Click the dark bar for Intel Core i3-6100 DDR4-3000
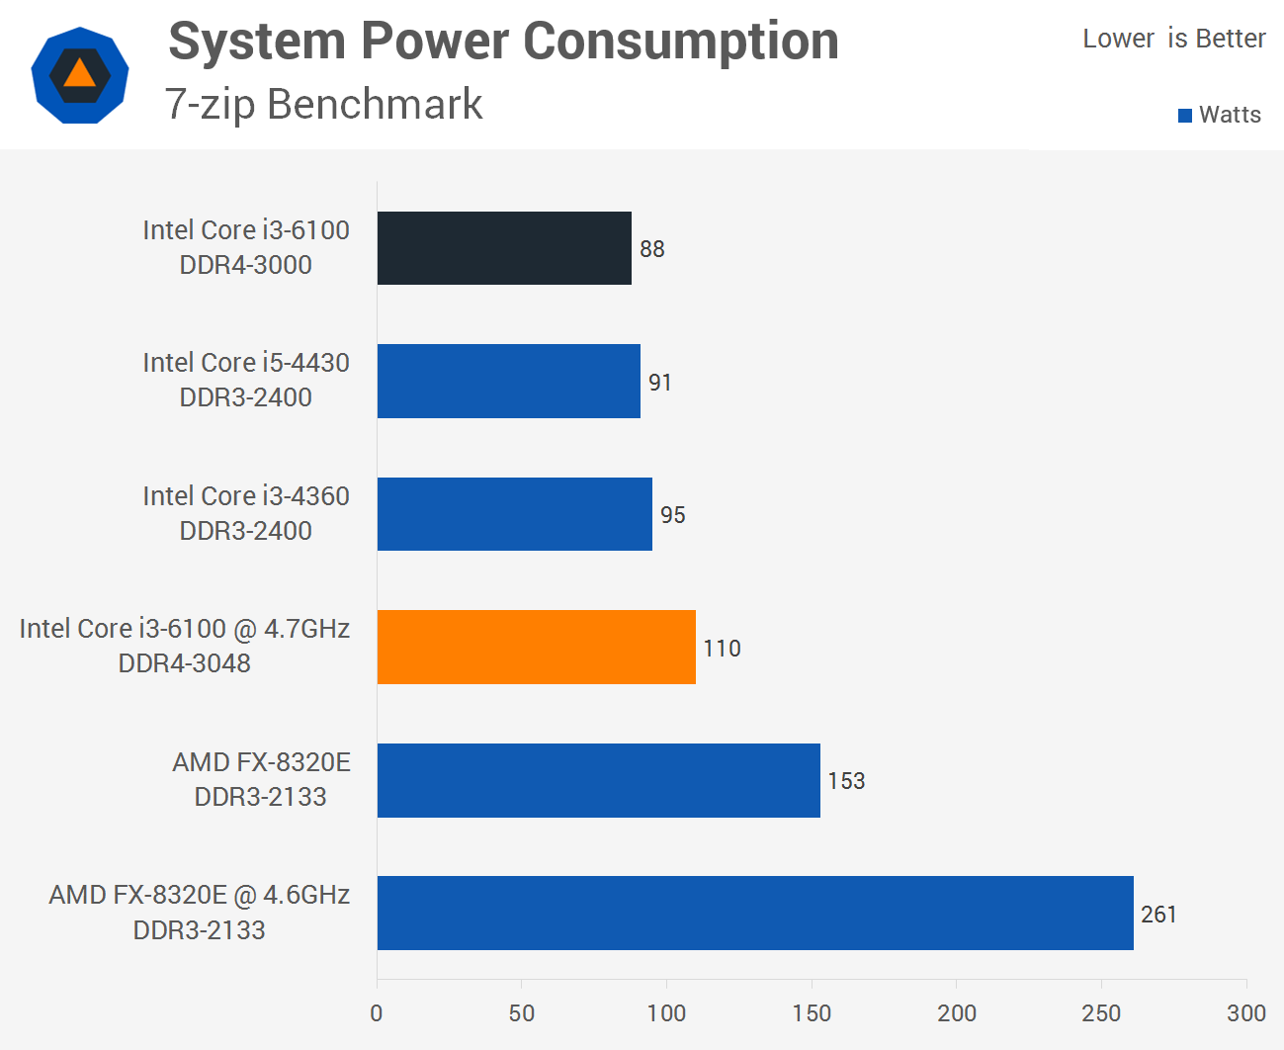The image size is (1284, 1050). [x=504, y=248]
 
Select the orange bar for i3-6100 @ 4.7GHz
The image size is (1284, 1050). [x=536, y=647]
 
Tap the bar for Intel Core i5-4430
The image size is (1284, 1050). [x=508, y=381]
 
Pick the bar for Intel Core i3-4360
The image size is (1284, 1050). [x=514, y=514]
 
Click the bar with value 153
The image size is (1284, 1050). [x=598, y=780]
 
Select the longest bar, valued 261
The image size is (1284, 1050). [x=754, y=913]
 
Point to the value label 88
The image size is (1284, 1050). [x=651, y=249]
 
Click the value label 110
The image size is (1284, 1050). [x=722, y=649]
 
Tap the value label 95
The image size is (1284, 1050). [x=672, y=515]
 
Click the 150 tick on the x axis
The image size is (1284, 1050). [x=812, y=1012]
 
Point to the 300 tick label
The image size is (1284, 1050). [x=1245, y=1012]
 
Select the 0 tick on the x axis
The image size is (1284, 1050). [x=377, y=1012]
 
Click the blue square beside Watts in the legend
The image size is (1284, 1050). [x=1185, y=116]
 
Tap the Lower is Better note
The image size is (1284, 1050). [x=1173, y=39]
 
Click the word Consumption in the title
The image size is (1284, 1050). [x=680, y=42]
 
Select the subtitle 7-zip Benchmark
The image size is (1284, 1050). [x=324, y=104]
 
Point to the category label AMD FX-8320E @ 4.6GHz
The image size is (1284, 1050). [x=200, y=895]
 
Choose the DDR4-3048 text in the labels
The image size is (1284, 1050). [x=185, y=663]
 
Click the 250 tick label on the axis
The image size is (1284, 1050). [x=1100, y=1012]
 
